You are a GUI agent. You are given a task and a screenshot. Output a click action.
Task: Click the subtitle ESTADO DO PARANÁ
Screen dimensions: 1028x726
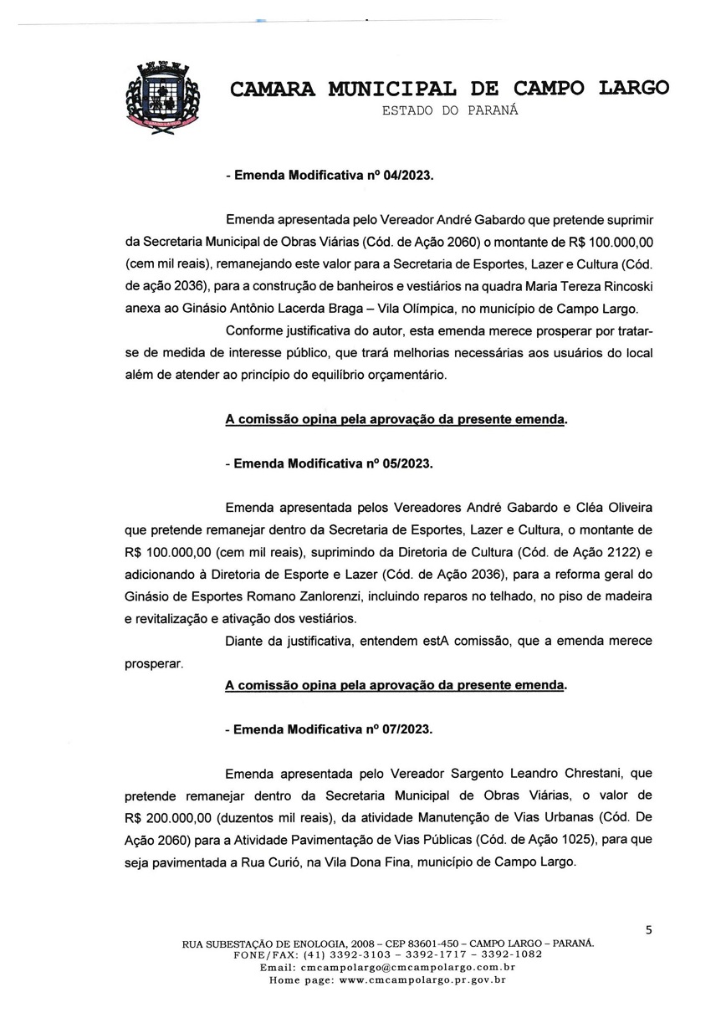click(449, 110)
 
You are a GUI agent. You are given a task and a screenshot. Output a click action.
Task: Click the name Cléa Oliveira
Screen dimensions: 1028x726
click(611, 508)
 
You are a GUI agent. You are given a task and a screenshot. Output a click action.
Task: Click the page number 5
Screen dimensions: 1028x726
click(648, 929)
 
